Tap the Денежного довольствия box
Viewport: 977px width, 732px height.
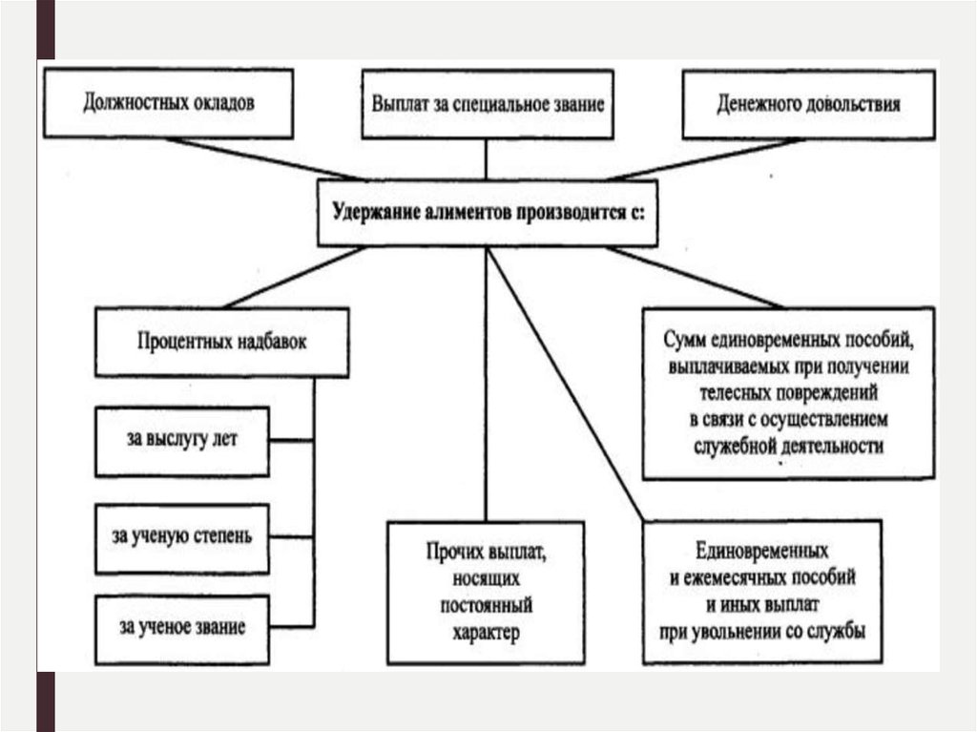click(807, 104)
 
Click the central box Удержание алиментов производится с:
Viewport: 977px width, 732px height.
click(487, 213)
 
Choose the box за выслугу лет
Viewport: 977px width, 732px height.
click(182, 441)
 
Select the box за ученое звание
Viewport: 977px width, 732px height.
click(182, 627)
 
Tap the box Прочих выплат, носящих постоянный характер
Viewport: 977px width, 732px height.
click(486, 592)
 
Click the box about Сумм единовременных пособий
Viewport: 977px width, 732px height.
click(787, 392)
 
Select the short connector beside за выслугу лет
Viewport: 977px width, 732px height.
click(292, 441)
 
